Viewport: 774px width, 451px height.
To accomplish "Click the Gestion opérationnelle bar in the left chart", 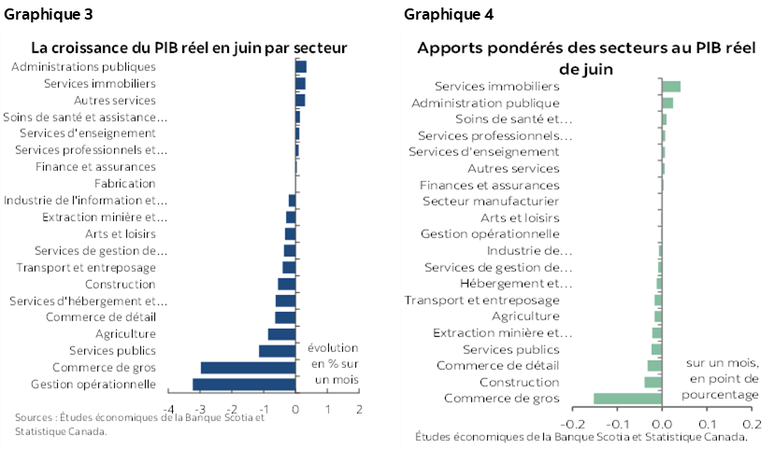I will coord(244,384).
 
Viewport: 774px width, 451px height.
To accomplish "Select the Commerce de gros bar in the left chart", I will coord(248,367).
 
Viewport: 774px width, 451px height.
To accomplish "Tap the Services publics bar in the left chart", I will coord(277,350).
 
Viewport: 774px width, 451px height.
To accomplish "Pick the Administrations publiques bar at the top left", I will coord(301,66).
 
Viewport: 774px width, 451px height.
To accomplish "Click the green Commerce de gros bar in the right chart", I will coord(627,399).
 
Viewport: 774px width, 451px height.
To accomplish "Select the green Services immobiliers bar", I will coord(670,86).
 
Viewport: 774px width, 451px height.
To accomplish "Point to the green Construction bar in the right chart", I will coord(652,382).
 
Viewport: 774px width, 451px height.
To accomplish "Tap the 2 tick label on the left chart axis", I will coord(359,409).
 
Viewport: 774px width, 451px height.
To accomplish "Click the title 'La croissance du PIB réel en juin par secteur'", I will coord(189,47).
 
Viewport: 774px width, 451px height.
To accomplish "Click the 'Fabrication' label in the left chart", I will coord(124,184).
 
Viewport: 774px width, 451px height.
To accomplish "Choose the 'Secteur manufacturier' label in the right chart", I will coord(491,201).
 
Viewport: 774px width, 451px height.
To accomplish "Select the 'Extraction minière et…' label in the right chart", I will coord(502,332).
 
